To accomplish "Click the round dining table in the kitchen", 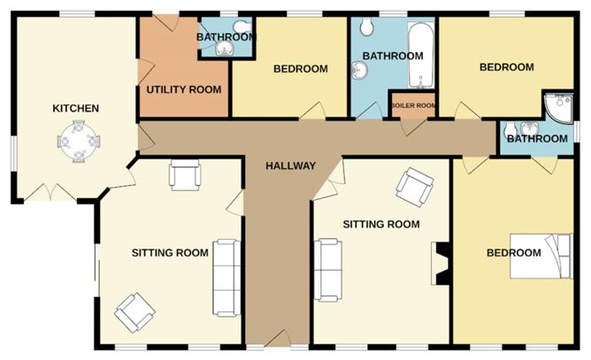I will click(x=80, y=142).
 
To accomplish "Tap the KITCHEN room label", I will click(x=75, y=109).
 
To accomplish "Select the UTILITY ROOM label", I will click(x=183, y=89).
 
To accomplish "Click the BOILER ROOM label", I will click(x=413, y=105).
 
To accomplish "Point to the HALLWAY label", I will click(x=290, y=165).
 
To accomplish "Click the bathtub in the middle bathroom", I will click(x=418, y=56).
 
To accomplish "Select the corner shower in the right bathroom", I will click(x=559, y=108).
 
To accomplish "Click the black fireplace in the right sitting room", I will click(x=438, y=264).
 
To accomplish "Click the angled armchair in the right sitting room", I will click(x=414, y=187).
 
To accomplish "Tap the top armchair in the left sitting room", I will click(x=185, y=176).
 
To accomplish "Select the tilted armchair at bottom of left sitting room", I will click(x=135, y=311).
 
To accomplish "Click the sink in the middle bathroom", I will click(x=360, y=71).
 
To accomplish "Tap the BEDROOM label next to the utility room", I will click(x=300, y=69).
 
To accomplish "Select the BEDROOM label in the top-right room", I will click(x=506, y=67).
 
